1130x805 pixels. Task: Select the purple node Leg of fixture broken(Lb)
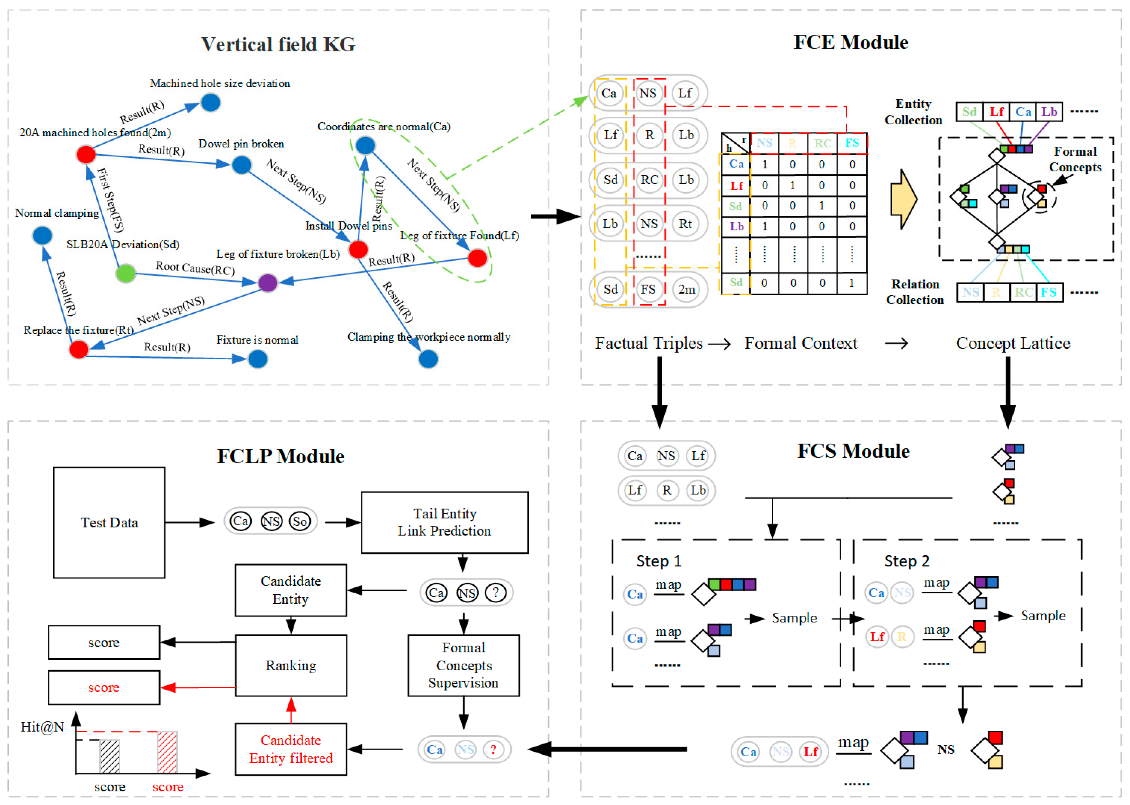pos(268,283)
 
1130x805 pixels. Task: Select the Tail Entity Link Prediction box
pos(444,522)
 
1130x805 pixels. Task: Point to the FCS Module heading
pos(853,451)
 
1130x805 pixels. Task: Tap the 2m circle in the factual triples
pos(686,289)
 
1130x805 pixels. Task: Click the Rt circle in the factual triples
pos(685,224)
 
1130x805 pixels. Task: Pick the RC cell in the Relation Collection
pos(1023,292)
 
